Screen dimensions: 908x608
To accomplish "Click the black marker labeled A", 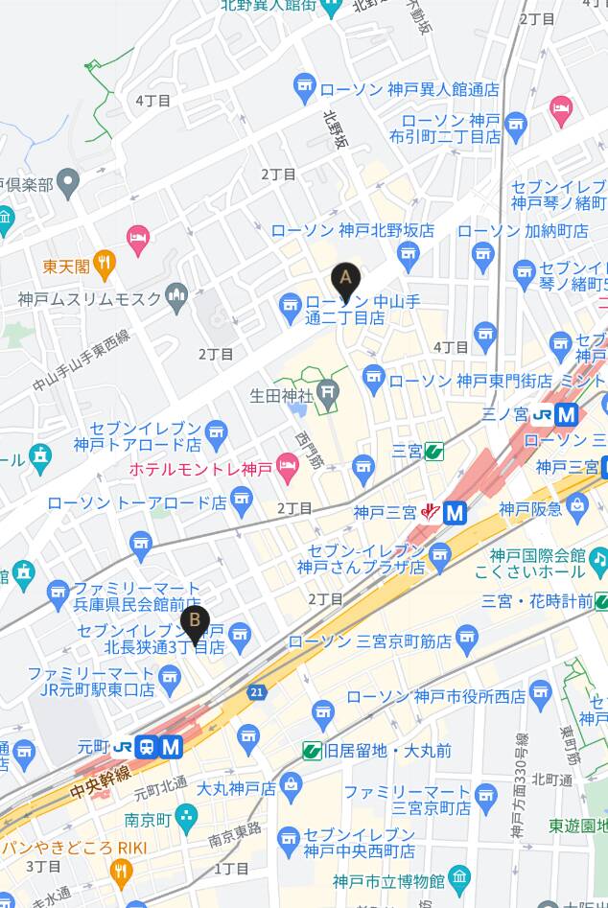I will tap(345, 281).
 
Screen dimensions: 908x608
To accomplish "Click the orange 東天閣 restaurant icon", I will tap(105, 263).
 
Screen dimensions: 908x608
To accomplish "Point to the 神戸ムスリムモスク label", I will tap(91, 299).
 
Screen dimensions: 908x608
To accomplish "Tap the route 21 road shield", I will tap(256, 690).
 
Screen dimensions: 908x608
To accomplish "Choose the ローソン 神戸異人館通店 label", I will tap(409, 89).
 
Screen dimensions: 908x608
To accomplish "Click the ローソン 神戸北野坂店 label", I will tap(352, 230).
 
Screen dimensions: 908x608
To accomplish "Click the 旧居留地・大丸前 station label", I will tap(387, 750).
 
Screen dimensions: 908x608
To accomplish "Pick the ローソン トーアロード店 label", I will tap(136, 502).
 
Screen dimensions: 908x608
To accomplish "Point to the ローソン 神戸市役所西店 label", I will tap(435, 696).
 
